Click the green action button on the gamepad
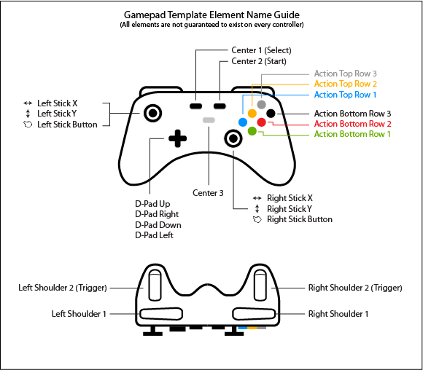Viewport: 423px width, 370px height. coord(252,131)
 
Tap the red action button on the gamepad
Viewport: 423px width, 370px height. coord(261,122)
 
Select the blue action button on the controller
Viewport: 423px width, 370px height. coord(243,122)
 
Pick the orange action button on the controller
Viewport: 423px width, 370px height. coord(252,113)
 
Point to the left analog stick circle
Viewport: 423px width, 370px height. coord(152,113)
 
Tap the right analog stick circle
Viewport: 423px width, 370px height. coord(233,138)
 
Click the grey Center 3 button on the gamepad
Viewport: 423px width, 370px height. coord(209,120)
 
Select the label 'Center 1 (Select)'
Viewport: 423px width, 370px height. coord(262,50)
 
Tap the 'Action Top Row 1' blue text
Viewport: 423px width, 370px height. coord(345,95)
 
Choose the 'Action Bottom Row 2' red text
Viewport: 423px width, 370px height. coord(352,124)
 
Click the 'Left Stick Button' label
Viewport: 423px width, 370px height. coord(67,125)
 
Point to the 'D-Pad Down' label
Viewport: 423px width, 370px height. coord(158,225)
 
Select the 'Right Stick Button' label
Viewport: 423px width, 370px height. coord(299,219)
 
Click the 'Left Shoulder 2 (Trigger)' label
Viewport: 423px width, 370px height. coord(63,288)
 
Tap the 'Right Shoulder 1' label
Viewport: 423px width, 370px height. coord(338,314)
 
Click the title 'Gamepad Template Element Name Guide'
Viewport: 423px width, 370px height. coord(211,15)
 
